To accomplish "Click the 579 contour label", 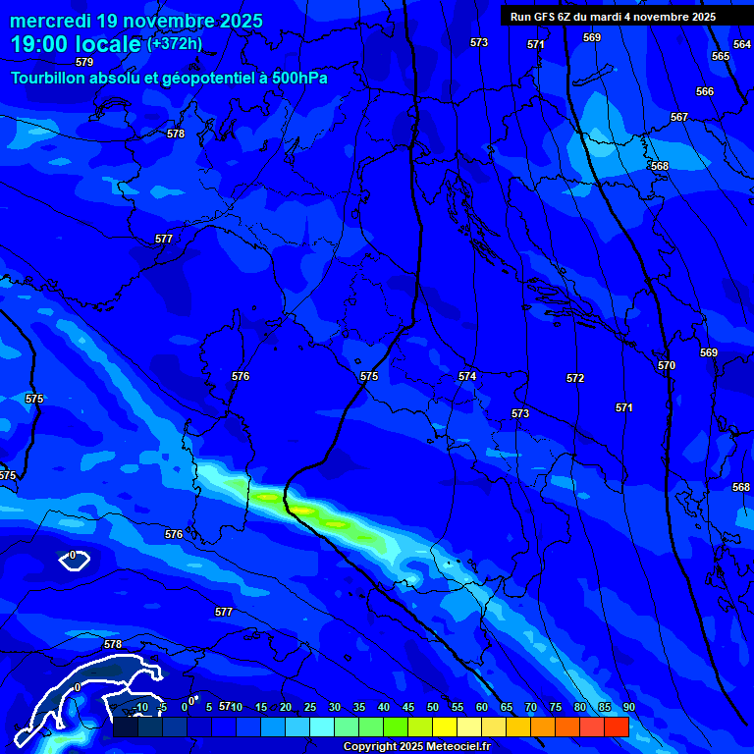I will tap(84, 62).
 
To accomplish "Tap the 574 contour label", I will tap(467, 376).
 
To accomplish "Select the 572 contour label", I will tap(575, 378).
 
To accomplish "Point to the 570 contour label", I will tap(667, 365).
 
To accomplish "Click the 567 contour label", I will tap(679, 117).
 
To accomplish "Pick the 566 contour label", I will tap(705, 91).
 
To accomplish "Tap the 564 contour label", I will tap(742, 44).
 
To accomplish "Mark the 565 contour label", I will tap(721, 56).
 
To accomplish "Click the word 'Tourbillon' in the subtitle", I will tap(49, 78).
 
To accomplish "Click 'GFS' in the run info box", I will tap(543, 17).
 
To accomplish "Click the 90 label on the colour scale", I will tap(628, 707).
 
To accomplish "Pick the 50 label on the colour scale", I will tap(433, 707).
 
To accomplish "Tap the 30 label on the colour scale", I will tap(335, 707).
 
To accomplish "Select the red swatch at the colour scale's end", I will tap(616, 727).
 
